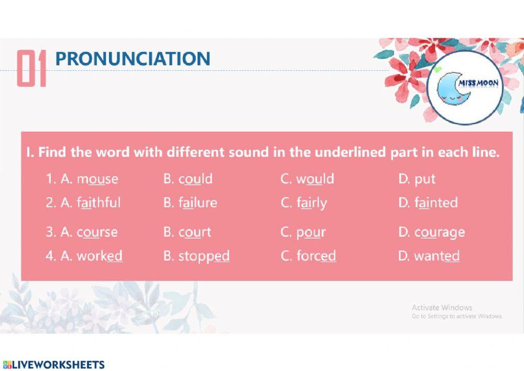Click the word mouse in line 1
coord(97,179)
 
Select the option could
coord(195,179)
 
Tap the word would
coord(315,179)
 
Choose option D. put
coord(424,179)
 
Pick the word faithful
coord(99,203)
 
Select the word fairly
coord(311,203)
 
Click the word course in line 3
coord(97,232)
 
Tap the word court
coord(194,232)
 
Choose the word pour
coord(311,232)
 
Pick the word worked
coord(100,256)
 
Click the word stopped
coord(204,257)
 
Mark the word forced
coord(316,256)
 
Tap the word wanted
coord(436,256)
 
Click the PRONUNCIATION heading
coord(133,59)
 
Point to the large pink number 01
coord(31,68)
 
